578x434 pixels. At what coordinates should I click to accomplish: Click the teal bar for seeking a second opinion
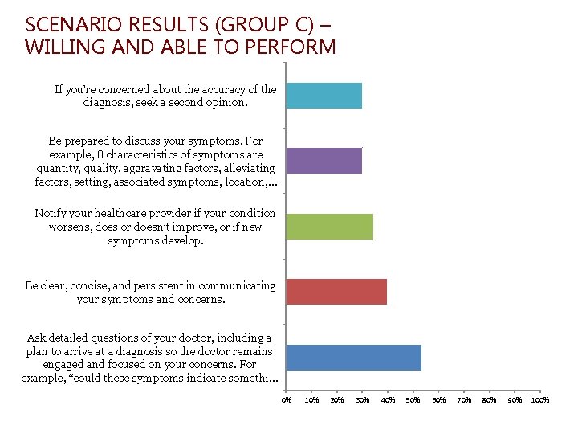(x=324, y=96)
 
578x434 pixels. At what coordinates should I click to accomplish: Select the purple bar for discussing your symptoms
(x=324, y=161)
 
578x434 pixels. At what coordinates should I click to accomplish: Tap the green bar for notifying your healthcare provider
(x=329, y=227)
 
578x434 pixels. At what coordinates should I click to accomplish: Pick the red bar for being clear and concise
(x=336, y=292)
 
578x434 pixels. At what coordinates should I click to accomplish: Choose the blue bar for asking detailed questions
(x=353, y=358)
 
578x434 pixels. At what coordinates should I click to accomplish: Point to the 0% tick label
(x=287, y=400)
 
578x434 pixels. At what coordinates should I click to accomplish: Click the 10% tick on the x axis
(x=312, y=400)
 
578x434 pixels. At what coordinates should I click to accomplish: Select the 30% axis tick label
(x=363, y=400)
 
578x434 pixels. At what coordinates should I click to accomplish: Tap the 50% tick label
(x=413, y=400)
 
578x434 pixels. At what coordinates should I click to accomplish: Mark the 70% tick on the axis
(x=464, y=400)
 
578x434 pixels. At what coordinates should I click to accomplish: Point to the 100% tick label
(x=540, y=400)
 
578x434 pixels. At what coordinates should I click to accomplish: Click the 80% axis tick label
(x=490, y=400)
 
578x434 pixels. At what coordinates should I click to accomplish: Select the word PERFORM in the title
(x=293, y=47)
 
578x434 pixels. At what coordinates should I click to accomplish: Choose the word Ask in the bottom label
(x=37, y=338)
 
